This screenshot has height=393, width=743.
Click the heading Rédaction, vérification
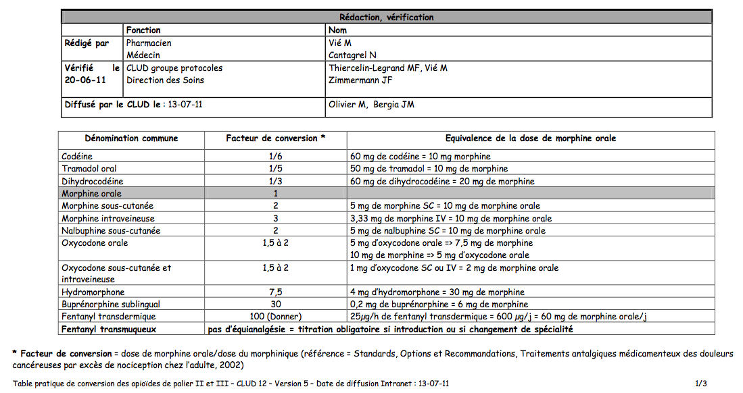[386, 18]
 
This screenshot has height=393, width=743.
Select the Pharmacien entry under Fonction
[149, 43]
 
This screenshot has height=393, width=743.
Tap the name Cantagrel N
[352, 55]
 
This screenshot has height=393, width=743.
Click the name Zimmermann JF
[360, 80]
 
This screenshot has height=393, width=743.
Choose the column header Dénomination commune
[132, 138]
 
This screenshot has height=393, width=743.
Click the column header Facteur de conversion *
[275, 138]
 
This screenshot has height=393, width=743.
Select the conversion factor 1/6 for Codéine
[275, 157]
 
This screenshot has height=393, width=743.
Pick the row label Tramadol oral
[89, 169]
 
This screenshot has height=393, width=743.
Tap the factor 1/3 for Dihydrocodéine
[275, 181]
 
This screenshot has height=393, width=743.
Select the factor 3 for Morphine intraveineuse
[275, 218]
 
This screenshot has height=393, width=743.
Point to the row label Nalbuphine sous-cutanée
[111, 231]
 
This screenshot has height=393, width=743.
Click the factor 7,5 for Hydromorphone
[275, 292]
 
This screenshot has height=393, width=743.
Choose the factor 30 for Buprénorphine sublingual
[275, 305]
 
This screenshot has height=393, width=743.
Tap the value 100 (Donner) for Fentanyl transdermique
[275, 317]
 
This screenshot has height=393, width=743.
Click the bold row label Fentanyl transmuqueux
[110, 330]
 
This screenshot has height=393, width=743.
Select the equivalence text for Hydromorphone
[437, 292]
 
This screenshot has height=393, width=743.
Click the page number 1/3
[700, 384]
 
